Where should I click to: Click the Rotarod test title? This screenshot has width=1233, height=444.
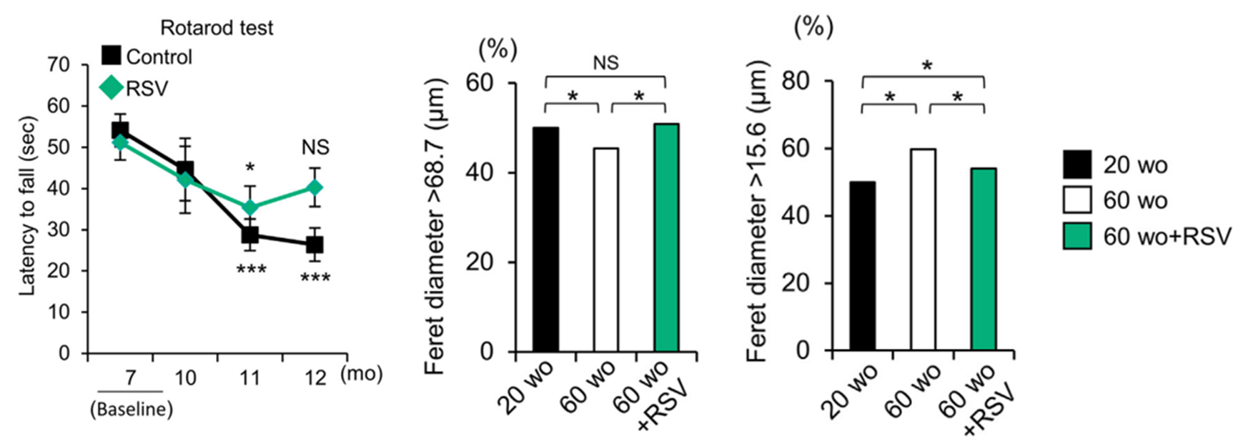coord(217,28)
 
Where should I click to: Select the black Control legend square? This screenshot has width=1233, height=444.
coord(111,56)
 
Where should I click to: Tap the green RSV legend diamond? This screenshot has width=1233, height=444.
coord(111,88)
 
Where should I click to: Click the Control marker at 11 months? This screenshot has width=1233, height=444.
coord(249,235)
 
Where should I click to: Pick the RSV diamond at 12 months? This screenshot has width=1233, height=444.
coord(315,188)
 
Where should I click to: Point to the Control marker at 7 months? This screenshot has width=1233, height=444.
coord(120,131)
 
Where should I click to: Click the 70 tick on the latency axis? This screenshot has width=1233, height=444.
coord(59,65)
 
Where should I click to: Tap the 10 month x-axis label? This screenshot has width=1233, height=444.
coord(185,377)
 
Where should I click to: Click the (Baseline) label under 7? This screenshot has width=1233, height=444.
coord(132,409)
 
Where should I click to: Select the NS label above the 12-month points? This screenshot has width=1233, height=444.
coord(315,147)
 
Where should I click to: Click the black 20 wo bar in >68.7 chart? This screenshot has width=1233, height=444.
coord(546,239)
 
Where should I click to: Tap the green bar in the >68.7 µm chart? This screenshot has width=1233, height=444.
coord(666,237)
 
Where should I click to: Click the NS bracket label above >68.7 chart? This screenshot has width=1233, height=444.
coord(605,63)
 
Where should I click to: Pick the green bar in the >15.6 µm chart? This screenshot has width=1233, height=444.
coord(984,259)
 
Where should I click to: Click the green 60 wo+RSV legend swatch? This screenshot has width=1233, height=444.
coord(1077,235)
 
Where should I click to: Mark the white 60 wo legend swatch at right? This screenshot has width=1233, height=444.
coord(1077,200)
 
